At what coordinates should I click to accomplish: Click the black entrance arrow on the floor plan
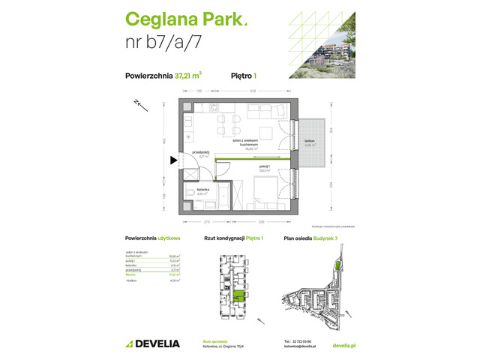tap(174, 159)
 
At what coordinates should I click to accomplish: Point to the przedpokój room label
tap(199, 154)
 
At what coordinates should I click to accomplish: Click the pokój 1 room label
tap(264, 168)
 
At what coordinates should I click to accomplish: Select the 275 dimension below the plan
tap(196, 223)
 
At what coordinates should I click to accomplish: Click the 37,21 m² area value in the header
tap(188, 74)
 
